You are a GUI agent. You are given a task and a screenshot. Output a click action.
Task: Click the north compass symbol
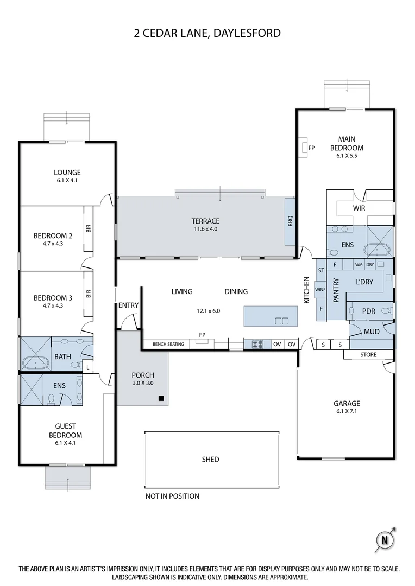(385, 540)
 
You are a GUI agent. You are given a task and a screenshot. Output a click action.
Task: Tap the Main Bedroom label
(347, 143)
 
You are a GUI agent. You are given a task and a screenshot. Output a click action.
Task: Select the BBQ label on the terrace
(290, 221)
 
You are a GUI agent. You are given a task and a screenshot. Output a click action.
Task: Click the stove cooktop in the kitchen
(257, 344)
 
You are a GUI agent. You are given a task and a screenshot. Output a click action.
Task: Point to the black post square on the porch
(161, 398)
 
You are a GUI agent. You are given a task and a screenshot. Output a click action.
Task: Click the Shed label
(210, 460)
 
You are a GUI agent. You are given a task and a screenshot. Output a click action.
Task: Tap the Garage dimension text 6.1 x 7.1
(347, 411)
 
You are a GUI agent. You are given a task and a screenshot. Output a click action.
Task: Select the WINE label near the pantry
(320, 290)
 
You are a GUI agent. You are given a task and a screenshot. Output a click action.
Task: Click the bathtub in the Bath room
(35, 363)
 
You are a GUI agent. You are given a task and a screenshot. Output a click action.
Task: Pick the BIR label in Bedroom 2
(89, 228)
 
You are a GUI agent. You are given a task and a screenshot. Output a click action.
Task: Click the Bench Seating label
(168, 344)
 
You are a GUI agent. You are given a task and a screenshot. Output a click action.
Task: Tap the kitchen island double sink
(281, 321)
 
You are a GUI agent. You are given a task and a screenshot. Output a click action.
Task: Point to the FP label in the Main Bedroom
(311, 148)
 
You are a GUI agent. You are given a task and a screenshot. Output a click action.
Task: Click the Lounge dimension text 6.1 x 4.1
(67, 180)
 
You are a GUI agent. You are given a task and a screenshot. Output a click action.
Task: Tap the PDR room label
(369, 311)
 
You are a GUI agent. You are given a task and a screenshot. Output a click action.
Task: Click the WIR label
(359, 208)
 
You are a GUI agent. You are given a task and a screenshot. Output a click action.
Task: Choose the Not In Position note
(173, 496)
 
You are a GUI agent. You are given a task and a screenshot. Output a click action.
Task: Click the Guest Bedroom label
(66, 430)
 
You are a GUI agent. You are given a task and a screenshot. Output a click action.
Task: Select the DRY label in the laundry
(370, 265)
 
